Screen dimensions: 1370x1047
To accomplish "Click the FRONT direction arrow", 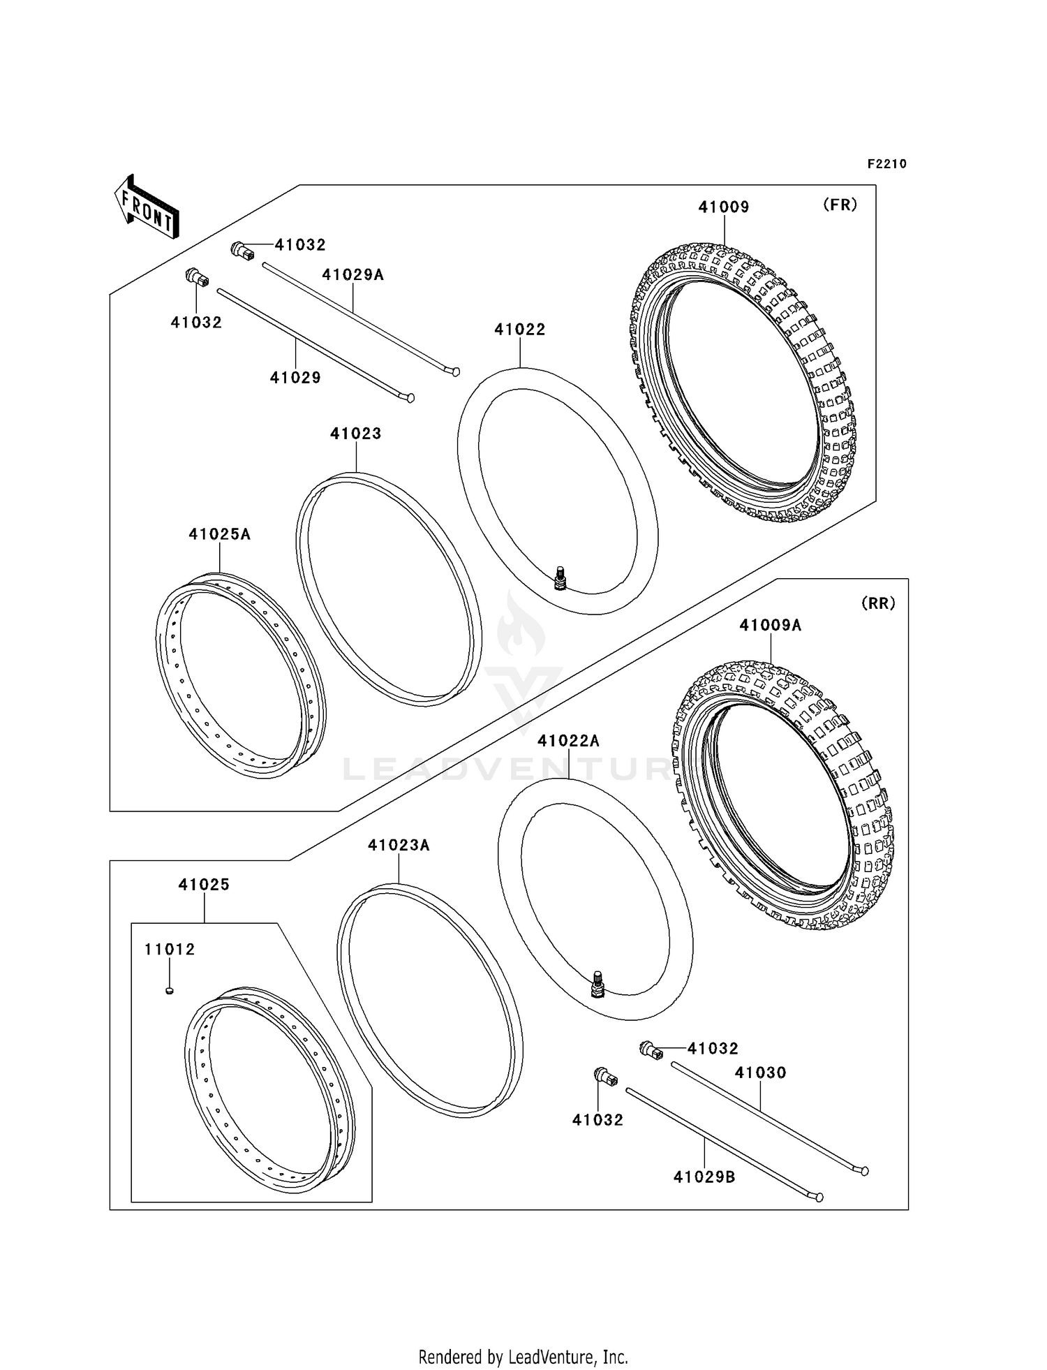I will click(x=147, y=207).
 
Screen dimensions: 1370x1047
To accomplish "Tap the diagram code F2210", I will click(x=886, y=164).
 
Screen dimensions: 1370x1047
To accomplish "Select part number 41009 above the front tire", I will click(x=724, y=207).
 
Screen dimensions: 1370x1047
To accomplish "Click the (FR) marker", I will click(x=840, y=205).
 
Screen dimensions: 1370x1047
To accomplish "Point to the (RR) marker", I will click(x=878, y=603).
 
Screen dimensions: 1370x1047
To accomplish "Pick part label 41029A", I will click(x=353, y=274).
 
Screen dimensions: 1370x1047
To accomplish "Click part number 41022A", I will click(x=568, y=741).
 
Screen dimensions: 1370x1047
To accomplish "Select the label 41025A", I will click(x=219, y=534).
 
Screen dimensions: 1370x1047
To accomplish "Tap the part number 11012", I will click(x=170, y=950).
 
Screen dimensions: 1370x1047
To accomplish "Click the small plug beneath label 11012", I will click(x=170, y=990).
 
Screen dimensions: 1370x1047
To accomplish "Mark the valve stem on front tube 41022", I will click(x=560, y=579).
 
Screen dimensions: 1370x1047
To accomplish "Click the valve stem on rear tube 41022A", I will click(x=597, y=985).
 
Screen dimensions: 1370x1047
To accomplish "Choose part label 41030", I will click(x=760, y=1073).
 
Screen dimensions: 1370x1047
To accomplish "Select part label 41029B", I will click(x=704, y=1177).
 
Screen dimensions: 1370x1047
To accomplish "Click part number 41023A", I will click(x=399, y=846).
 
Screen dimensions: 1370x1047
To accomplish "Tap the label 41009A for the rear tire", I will click(x=771, y=626).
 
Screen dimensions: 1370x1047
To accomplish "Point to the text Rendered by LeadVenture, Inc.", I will click(x=523, y=1357).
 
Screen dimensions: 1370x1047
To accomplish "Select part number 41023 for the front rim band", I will click(x=356, y=434).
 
